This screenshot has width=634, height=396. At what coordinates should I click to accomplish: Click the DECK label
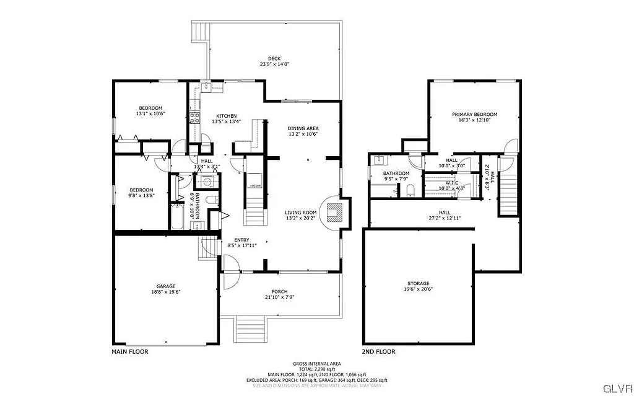coord(274,58)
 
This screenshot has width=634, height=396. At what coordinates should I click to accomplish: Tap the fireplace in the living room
coord(334,213)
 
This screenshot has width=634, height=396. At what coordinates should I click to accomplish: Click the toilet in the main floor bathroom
coord(211,200)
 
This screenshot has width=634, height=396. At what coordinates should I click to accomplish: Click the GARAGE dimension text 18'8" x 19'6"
coord(165,293)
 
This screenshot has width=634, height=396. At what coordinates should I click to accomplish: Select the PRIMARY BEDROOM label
coord(474,114)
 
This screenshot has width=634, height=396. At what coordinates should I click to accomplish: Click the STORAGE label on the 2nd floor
coord(418,283)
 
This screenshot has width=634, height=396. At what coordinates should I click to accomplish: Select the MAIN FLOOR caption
coord(129,351)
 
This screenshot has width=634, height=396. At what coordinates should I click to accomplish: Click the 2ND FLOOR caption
coord(378,351)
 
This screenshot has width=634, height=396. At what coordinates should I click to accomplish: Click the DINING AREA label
coord(303,128)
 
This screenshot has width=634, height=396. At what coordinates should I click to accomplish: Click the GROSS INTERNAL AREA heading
coord(316,364)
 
